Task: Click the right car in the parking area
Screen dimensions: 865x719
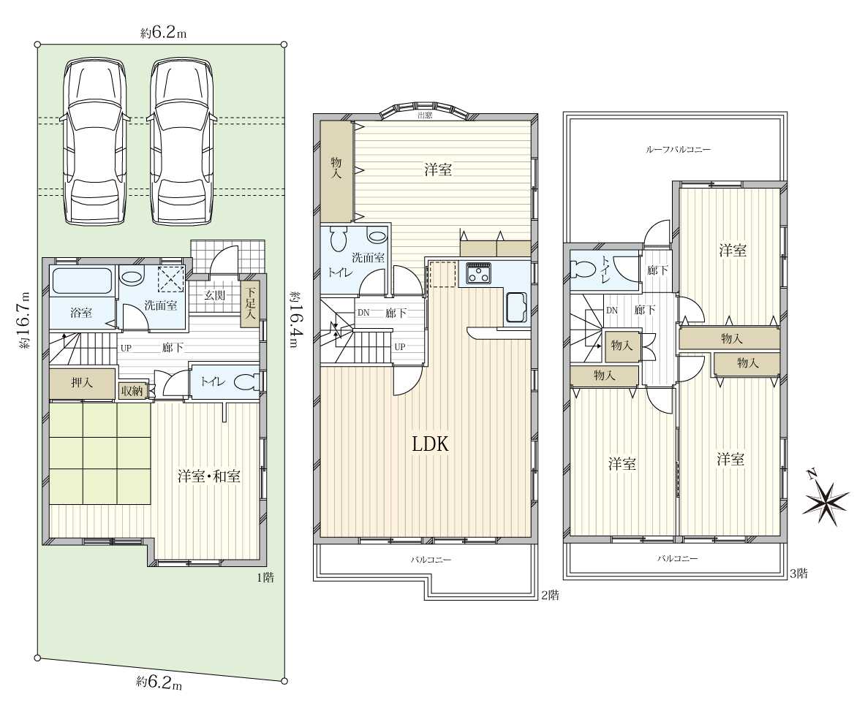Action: click(x=182, y=142)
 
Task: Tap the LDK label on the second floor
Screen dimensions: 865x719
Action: click(x=430, y=444)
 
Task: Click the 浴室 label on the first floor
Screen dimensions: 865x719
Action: click(x=81, y=313)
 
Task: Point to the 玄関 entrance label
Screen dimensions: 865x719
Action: click(x=214, y=295)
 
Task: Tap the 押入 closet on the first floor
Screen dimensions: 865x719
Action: click(x=83, y=383)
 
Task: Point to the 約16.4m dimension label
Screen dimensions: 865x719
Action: click(x=292, y=320)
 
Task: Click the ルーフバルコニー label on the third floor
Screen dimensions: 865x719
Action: click(x=678, y=149)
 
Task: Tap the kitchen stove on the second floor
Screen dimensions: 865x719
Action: click(x=479, y=273)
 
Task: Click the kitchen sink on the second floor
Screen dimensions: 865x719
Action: click(x=515, y=307)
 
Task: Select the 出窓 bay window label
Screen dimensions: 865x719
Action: click(x=425, y=115)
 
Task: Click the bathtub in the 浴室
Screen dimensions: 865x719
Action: click(x=82, y=282)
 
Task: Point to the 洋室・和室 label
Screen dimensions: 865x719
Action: click(x=209, y=476)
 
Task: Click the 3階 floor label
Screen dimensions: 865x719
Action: click(x=798, y=574)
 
